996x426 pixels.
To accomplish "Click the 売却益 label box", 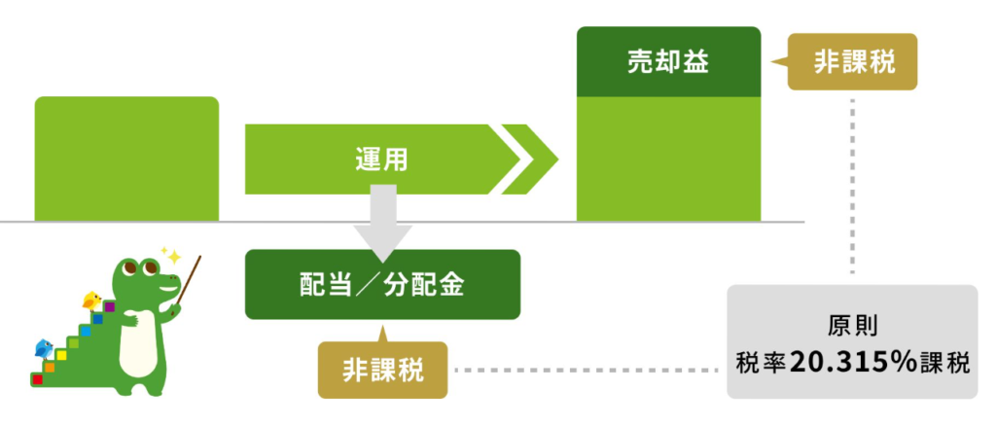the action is coord(668,61).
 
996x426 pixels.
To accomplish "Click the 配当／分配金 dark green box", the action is coord(382,284).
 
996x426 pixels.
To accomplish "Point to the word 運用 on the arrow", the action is coord(381,160).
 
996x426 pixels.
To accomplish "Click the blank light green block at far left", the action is coord(126,159).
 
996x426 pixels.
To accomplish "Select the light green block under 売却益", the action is coord(668,159).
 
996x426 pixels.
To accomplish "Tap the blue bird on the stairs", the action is coord(44,348).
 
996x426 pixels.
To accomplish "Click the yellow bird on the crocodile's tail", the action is coord(92,300).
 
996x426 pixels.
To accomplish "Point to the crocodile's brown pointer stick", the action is coord(188,280).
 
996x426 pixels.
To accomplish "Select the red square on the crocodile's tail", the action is coord(37,379).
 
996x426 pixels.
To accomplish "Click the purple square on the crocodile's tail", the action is coord(109,307).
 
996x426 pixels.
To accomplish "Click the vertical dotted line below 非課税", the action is coord(852,187).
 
